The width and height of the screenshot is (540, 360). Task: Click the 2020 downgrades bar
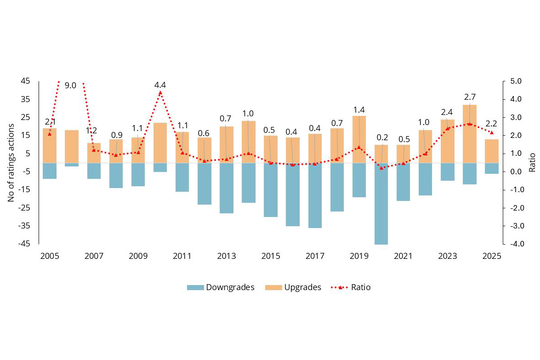pyautogui.click(x=381, y=204)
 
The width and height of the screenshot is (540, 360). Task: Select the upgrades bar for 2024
pyautogui.click(x=469, y=134)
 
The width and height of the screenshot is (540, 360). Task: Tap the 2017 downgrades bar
pyautogui.click(x=315, y=195)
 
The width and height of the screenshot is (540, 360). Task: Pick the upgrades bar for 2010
pyautogui.click(x=160, y=143)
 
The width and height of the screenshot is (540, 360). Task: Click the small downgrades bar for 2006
pyautogui.click(x=72, y=165)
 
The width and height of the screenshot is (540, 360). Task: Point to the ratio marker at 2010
pyautogui.click(x=160, y=93)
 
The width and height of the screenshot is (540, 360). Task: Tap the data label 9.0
pyautogui.click(x=70, y=86)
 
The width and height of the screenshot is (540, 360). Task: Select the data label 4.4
pyautogui.click(x=160, y=85)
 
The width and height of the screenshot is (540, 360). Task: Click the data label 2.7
pyautogui.click(x=469, y=97)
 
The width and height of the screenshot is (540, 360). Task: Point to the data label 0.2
pyautogui.click(x=381, y=137)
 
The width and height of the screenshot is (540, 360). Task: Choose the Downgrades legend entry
pyautogui.click(x=221, y=287)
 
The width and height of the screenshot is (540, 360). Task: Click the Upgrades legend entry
pyautogui.click(x=293, y=287)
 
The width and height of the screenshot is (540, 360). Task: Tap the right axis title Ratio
pyautogui.click(x=532, y=163)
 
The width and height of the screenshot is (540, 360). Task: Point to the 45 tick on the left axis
pyautogui.click(x=25, y=81)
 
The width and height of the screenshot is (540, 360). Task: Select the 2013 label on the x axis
pyautogui.click(x=227, y=256)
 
